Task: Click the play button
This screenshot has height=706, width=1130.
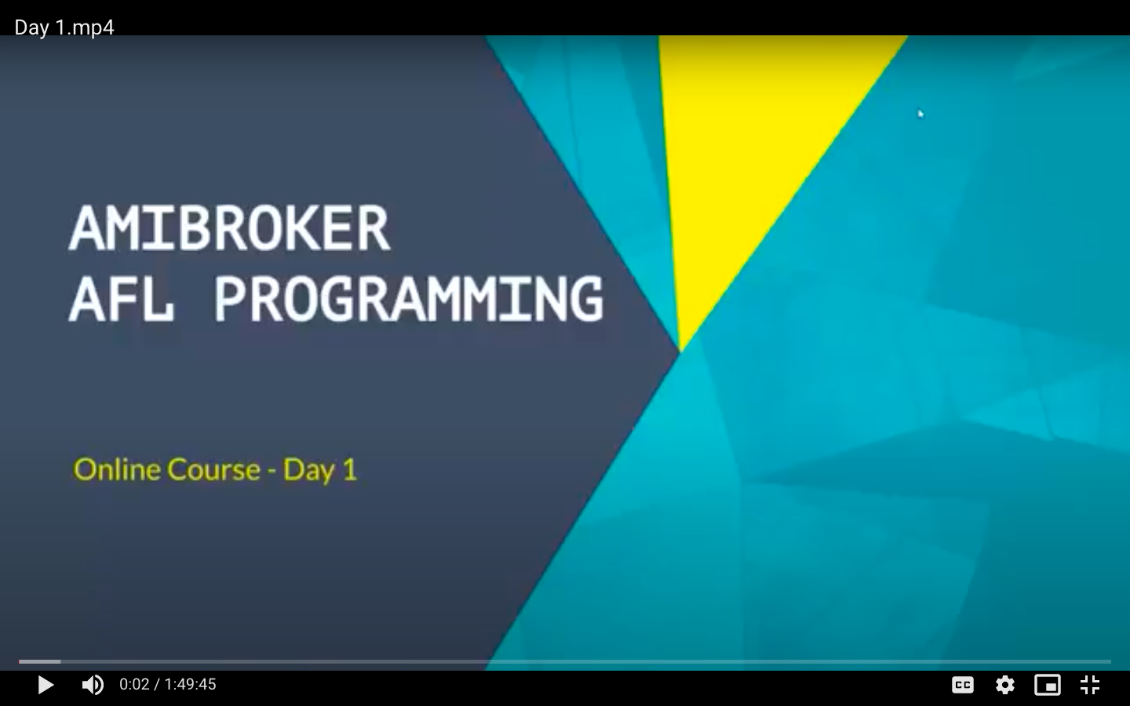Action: pyautogui.click(x=46, y=685)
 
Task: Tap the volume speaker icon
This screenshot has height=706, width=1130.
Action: pyautogui.click(x=93, y=685)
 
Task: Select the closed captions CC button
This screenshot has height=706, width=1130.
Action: pyautogui.click(x=963, y=685)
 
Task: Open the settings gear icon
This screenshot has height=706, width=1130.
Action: pyautogui.click(x=1005, y=685)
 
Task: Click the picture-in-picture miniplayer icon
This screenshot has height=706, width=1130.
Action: pyautogui.click(x=1048, y=685)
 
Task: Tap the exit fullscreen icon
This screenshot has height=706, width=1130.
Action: pyautogui.click(x=1090, y=685)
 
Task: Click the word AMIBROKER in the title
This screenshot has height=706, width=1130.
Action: pyautogui.click(x=229, y=228)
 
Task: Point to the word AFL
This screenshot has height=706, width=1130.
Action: pyautogui.click(x=121, y=299)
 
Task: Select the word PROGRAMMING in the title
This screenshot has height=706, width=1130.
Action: pyautogui.click(x=409, y=299)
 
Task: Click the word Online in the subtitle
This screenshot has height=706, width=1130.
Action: pyautogui.click(x=117, y=469)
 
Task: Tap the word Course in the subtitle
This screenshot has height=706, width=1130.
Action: pyautogui.click(x=214, y=469)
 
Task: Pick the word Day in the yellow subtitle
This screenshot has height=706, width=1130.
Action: pyautogui.click(x=308, y=471)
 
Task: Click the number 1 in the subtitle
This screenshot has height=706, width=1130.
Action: pyautogui.click(x=350, y=469)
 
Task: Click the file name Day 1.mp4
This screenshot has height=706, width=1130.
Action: pyautogui.click(x=64, y=27)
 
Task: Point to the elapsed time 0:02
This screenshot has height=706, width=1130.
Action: pyautogui.click(x=134, y=684)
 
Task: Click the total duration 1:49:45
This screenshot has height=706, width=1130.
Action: pyautogui.click(x=190, y=684)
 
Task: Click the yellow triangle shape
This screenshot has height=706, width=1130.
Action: pyautogui.click(x=746, y=151)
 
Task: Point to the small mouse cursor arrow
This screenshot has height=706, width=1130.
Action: pyautogui.click(x=920, y=114)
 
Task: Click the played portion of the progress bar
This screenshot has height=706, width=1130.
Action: pyautogui.click(x=39, y=661)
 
